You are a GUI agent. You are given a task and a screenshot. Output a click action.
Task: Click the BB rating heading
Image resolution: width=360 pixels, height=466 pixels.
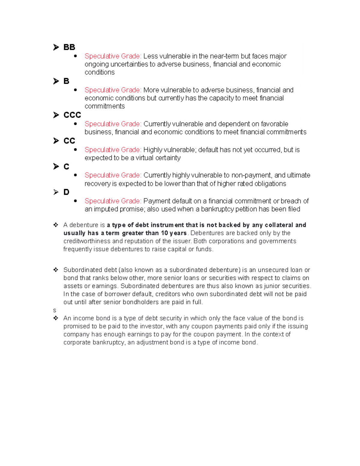(x=69, y=47)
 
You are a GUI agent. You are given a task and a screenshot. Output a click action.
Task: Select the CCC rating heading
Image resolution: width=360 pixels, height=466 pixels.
(x=72, y=115)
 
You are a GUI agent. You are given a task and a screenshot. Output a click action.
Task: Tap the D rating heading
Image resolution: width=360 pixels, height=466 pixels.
(x=66, y=192)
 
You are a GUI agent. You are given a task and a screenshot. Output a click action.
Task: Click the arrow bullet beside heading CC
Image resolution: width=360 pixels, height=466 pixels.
(x=56, y=141)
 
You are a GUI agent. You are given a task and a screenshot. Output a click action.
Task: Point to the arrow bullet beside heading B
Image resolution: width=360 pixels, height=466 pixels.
(x=56, y=81)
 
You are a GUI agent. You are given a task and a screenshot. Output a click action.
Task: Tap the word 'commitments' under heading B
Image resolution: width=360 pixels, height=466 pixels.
(x=105, y=106)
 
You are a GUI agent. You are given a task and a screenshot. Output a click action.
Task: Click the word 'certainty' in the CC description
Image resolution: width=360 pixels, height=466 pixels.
(x=168, y=158)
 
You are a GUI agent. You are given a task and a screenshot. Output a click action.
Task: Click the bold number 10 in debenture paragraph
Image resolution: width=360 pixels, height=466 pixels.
(x=164, y=233)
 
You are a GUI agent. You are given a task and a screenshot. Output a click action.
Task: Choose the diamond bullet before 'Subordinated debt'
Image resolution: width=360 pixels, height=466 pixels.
(x=55, y=270)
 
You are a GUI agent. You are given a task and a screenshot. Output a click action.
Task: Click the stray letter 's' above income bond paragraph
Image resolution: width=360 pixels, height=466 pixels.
(x=55, y=310)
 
